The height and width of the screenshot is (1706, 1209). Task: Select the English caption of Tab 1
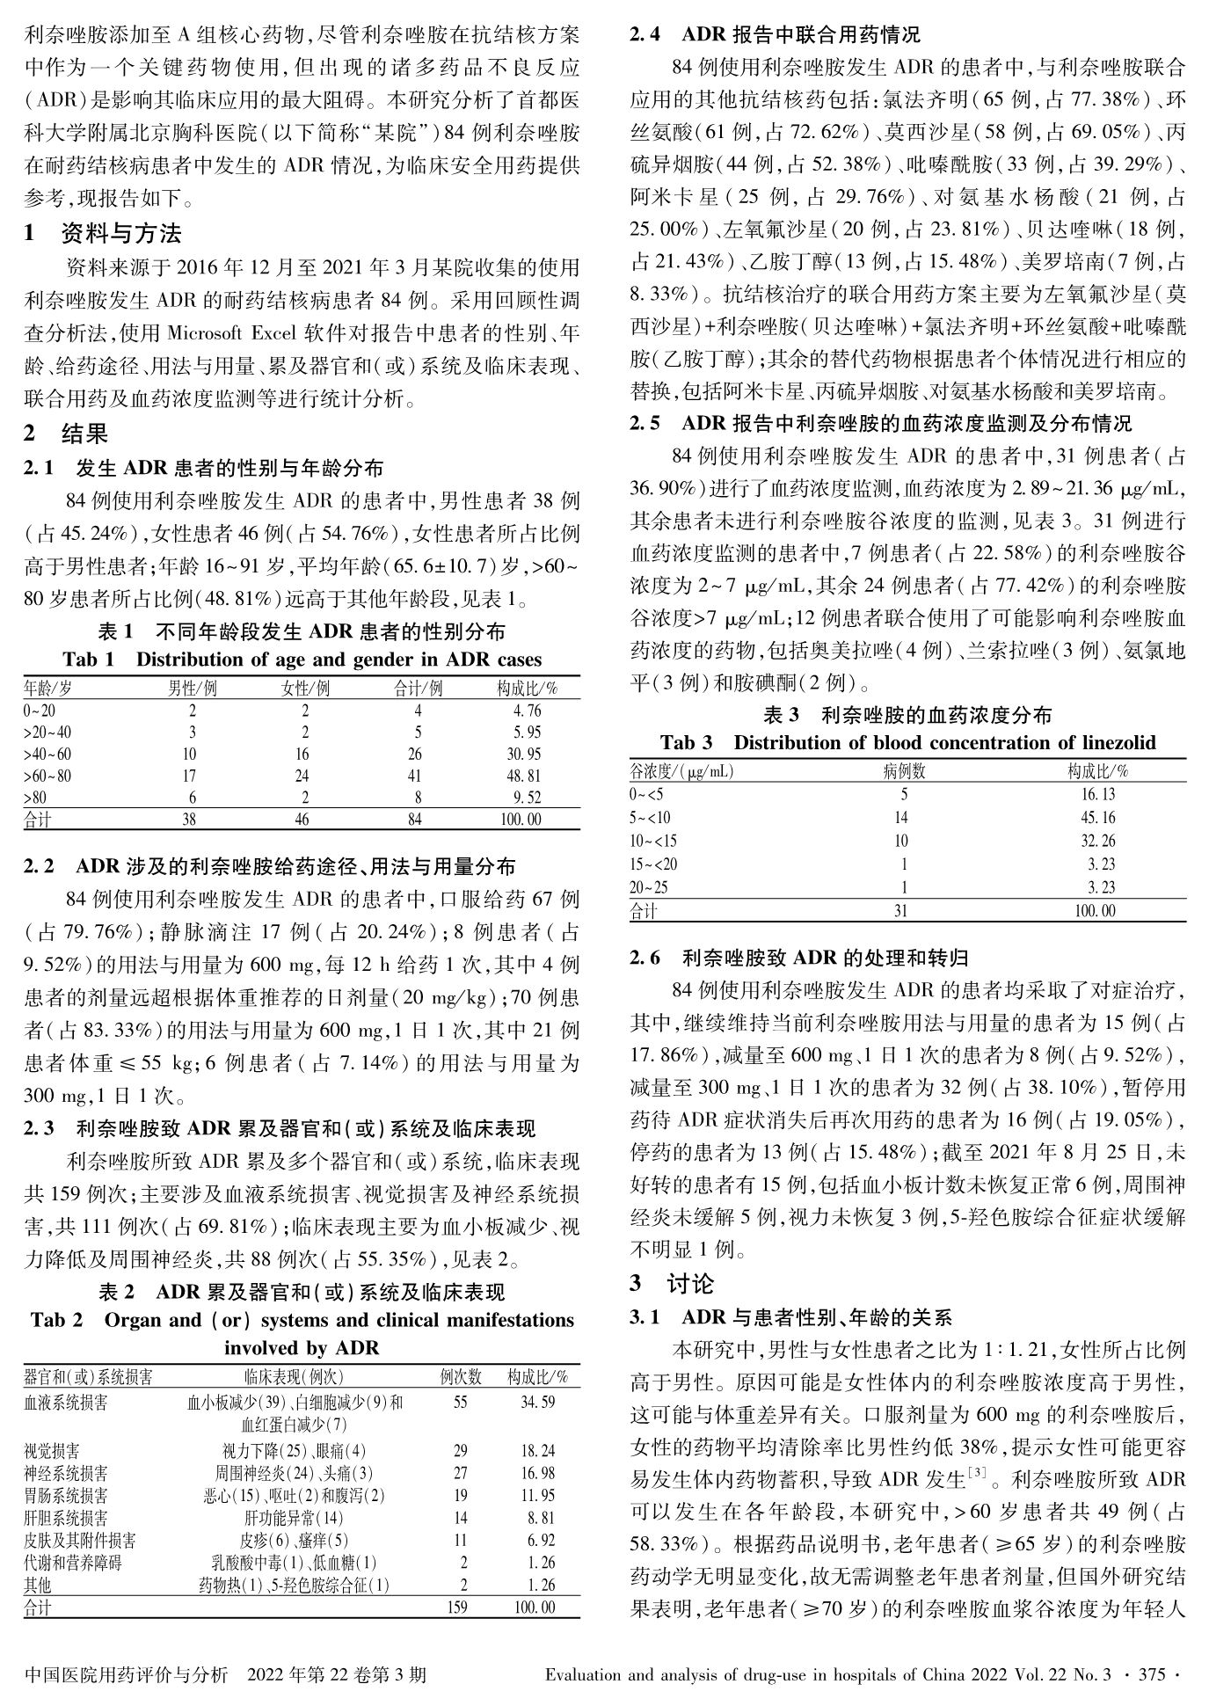click(302, 660)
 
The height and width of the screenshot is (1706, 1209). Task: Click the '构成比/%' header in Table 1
click(527, 688)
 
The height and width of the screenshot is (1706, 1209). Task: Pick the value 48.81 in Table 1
click(527, 776)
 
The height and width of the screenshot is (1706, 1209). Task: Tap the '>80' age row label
click(34, 798)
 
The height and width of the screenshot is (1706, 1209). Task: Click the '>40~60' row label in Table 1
click(47, 754)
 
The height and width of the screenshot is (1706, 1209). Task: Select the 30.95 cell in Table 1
click(527, 754)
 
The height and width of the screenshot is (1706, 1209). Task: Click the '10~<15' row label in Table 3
click(655, 841)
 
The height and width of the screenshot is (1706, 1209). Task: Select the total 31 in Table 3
click(901, 911)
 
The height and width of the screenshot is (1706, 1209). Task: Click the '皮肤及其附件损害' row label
click(79, 1541)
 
